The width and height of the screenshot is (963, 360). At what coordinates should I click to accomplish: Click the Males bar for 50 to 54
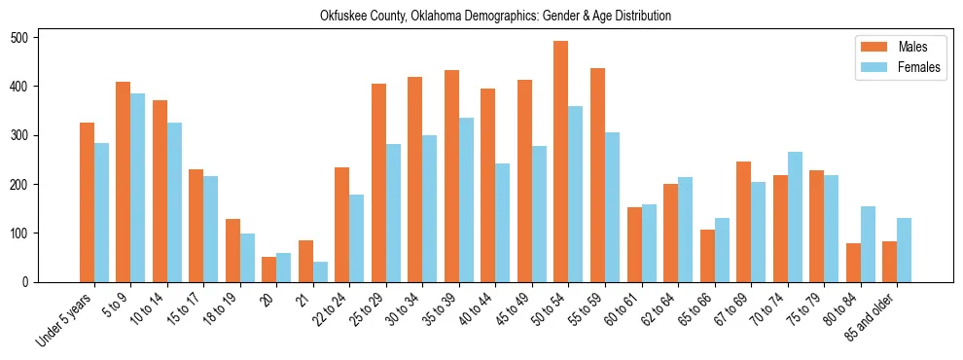561,162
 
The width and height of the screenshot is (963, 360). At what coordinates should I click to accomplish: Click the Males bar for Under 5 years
87,202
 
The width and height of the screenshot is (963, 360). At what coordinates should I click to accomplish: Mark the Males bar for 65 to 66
707,256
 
